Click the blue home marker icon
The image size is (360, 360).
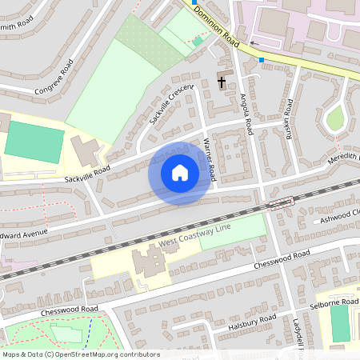pyautogui.click(x=180, y=173)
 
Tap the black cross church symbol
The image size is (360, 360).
pyautogui.click(x=222, y=81)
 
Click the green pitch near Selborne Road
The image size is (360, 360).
pyautogui.click(x=340, y=323)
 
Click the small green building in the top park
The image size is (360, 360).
pyautogui.click(x=198, y=41)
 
